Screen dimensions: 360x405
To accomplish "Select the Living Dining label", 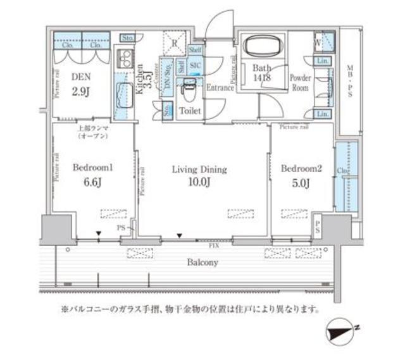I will tap(199, 170).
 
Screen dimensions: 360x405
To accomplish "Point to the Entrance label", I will tap(220, 88).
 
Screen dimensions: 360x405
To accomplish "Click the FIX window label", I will tap(215, 245).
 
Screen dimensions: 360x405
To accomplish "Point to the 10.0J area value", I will tap(199, 185).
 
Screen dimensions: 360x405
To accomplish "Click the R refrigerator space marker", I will tap(175, 42).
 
